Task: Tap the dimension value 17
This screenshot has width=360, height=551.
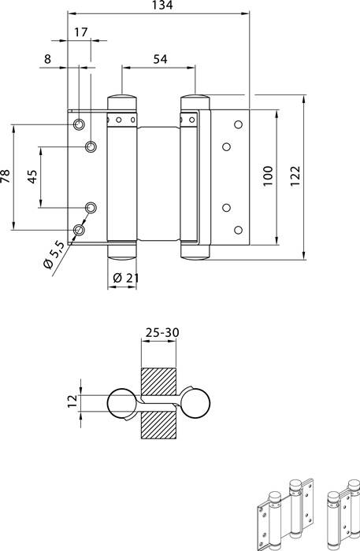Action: pos(80,32)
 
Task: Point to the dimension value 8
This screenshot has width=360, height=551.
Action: pos(47,58)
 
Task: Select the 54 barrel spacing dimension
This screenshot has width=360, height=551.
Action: pos(158,59)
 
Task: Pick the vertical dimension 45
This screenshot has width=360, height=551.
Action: pos(33,176)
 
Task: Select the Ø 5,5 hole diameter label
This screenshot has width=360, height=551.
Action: pos(55,257)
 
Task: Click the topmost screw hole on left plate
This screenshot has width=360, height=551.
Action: pos(80,124)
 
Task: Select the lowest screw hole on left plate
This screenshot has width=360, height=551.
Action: pos(80,230)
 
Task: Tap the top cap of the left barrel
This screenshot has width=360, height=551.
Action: pos(121,100)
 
